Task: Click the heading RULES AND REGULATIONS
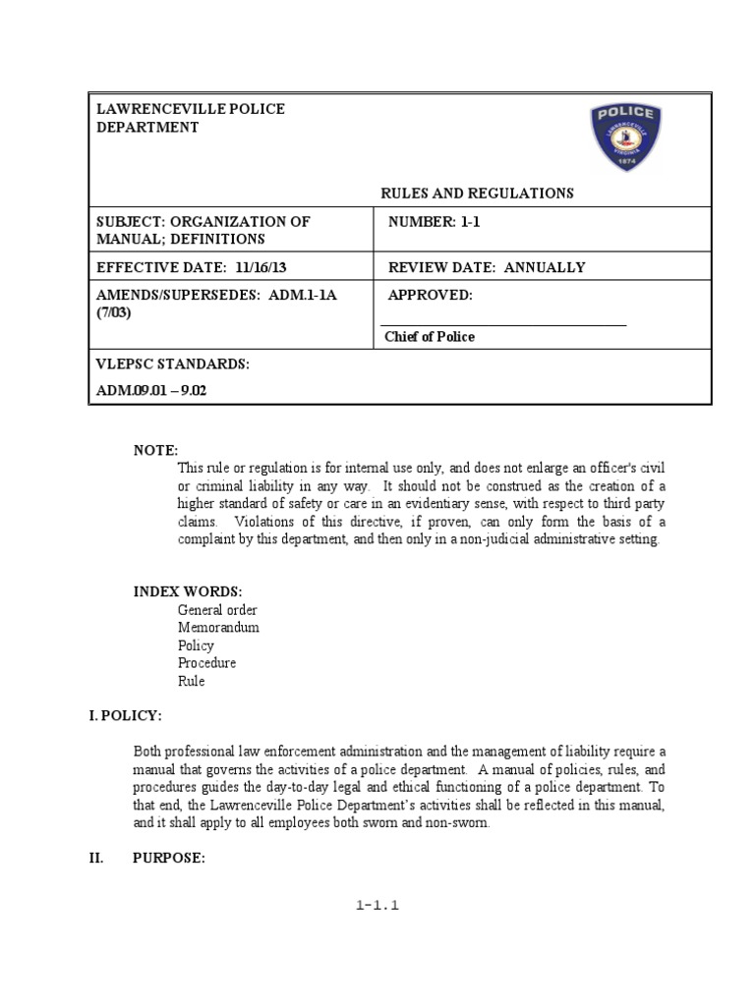point(477,194)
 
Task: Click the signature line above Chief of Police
point(502,324)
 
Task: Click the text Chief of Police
point(429,337)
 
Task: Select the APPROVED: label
point(431,296)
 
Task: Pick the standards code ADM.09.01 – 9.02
point(151,390)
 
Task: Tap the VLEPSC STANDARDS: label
point(173,364)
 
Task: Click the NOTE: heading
point(155,450)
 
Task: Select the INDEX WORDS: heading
point(188,591)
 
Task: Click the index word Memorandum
point(218,628)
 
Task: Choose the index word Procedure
point(206,663)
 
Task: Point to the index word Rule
point(191,681)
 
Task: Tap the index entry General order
point(217,610)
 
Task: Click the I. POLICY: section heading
point(126,715)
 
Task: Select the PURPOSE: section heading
point(168,859)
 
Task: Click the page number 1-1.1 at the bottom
point(377,906)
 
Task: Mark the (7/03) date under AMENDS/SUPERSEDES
point(113,313)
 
